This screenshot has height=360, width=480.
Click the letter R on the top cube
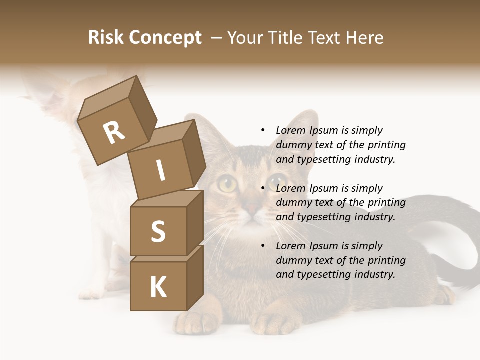tap(114, 133)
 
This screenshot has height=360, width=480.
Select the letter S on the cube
tap(158, 231)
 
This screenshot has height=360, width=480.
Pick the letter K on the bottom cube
tap(158, 287)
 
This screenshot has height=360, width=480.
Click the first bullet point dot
tap(263, 130)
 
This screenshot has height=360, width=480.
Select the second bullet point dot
tap(263, 188)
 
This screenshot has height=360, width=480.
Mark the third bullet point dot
tap(263, 246)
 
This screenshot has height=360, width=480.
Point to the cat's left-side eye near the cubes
tap(227, 184)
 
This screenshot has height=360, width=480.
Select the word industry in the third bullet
tap(374, 274)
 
